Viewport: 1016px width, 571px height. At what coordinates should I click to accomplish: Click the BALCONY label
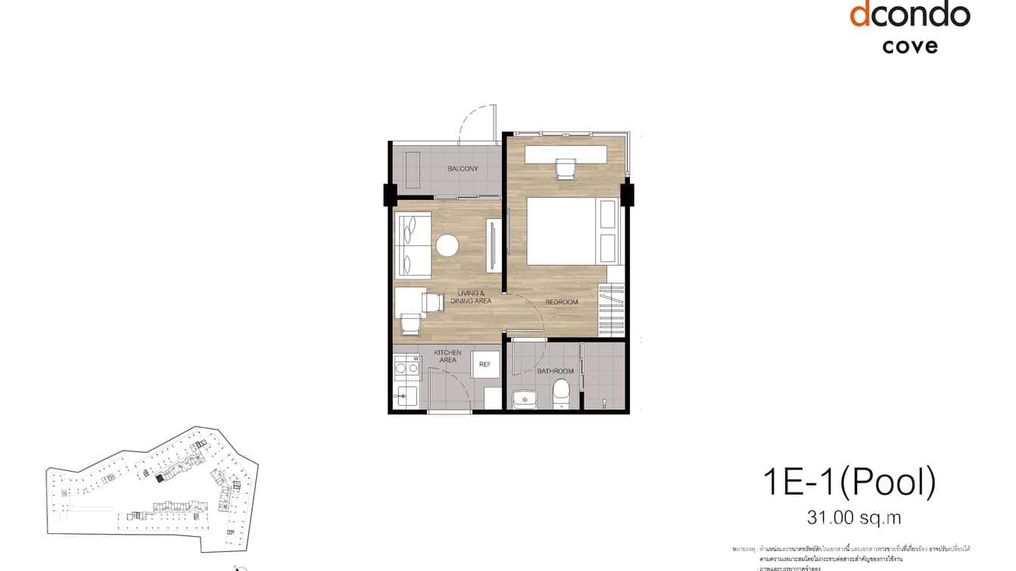pyautogui.click(x=462, y=168)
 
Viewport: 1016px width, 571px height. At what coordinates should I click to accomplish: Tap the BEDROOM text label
pyautogui.click(x=562, y=302)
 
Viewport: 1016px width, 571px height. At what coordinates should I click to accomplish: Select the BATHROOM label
pyautogui.click(x=555, y=371)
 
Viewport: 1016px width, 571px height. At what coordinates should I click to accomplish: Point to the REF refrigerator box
pyautogui.click(x=485, y=364)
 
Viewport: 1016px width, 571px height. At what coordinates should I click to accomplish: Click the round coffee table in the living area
pyautogui.click(x=447, y=245)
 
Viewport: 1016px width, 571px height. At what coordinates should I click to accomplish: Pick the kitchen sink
pyautogui.click(x=406, y=396)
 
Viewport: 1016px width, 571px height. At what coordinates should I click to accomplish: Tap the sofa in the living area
pyautogui.click(x=413, y=245)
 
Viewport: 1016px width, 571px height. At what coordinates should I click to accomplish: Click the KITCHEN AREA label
pyautogui.click(x=447, y=357)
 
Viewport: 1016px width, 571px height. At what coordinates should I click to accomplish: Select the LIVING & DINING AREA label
pyautogui.click(x=471, y=297)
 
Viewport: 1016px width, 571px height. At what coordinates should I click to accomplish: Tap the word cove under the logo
pyautogui.click(x=910, y=45)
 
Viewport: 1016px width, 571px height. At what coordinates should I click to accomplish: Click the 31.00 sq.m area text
pyautogui.click(x=854, y=518)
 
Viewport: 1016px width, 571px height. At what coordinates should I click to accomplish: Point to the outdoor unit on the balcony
pyautogui.click(x=413, y=170)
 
